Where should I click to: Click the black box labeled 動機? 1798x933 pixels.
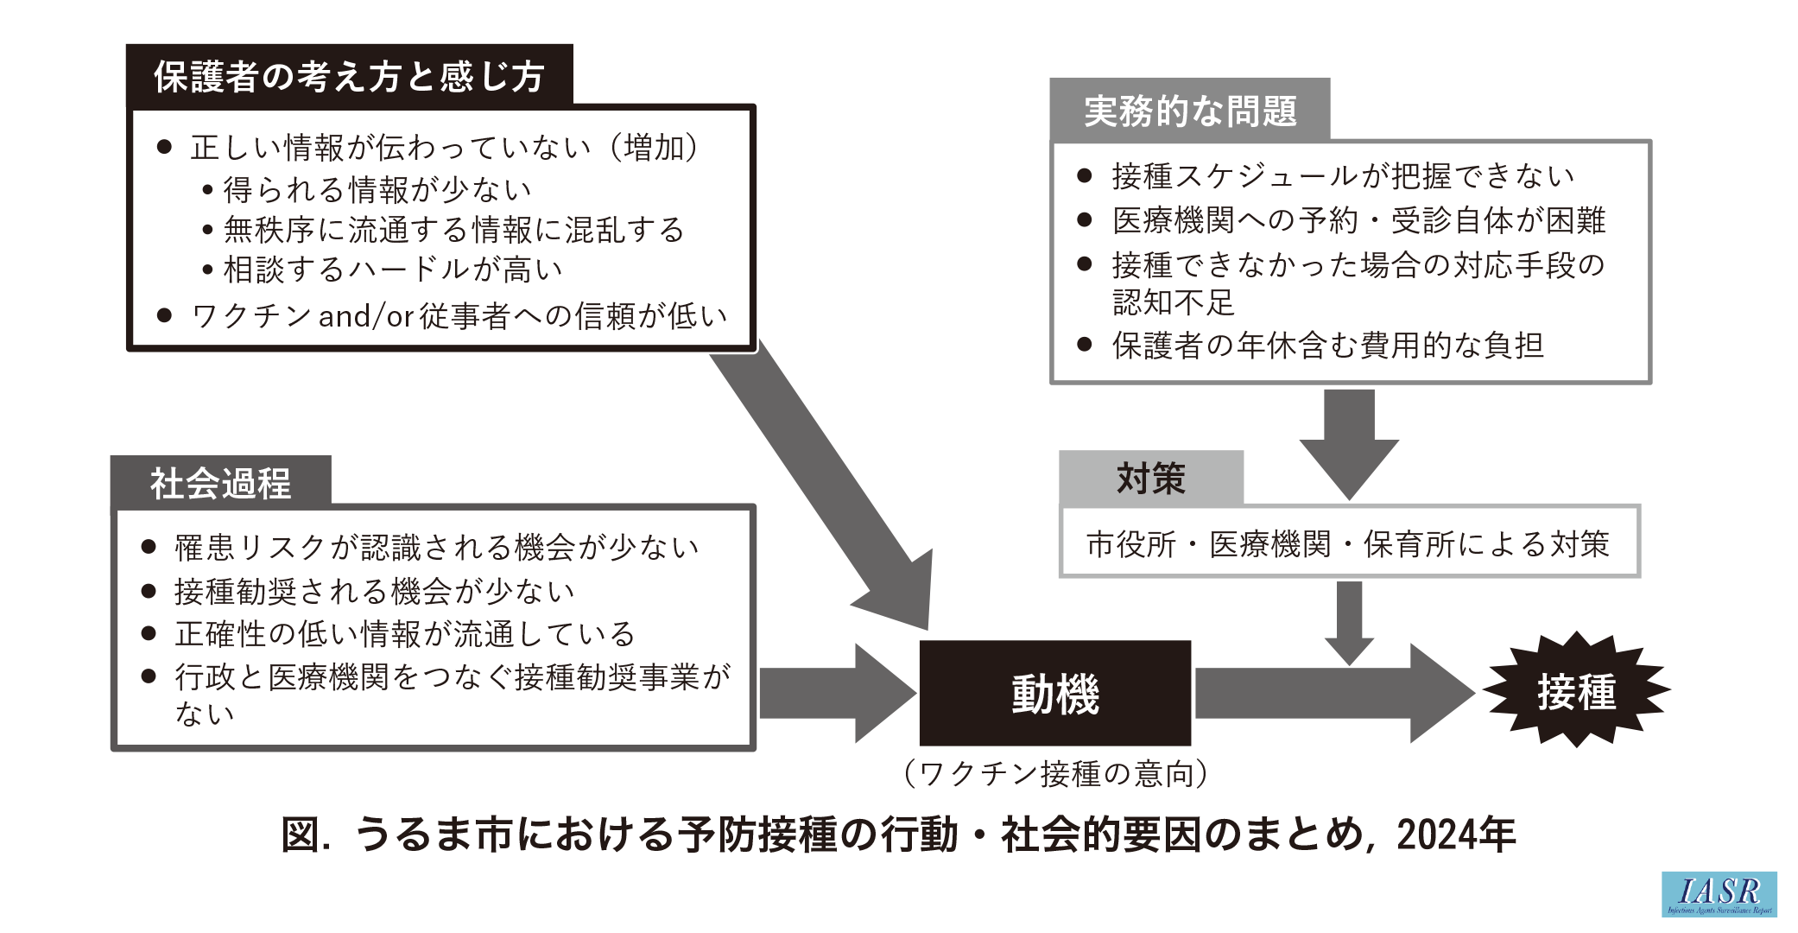tap(1054, 693)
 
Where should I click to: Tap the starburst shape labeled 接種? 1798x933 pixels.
tap(1576, 691)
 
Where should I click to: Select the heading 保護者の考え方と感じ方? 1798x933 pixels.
tap(349, 76)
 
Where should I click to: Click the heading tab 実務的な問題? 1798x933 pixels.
tap(1189, 111)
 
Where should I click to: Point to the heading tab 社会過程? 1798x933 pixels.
tap(221, 482)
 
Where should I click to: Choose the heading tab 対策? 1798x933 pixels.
tap(1151, 478)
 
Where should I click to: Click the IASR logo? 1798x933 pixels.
tap(1719, 894)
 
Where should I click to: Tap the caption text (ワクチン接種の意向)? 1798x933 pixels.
tap(1054, 773)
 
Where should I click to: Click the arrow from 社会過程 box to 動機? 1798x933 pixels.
tap(833, 693)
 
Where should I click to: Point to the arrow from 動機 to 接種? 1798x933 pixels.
tap(1330, 693)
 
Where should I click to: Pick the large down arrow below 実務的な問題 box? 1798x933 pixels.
tap(1348, 441)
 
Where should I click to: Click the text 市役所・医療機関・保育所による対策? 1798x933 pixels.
tap(1348, 544)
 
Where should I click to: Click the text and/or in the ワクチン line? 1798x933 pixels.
tap(366, 316)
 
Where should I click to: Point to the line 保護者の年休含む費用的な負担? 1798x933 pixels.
tap(1327, 346)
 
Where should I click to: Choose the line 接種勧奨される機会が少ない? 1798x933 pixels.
tap(374, 591)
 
